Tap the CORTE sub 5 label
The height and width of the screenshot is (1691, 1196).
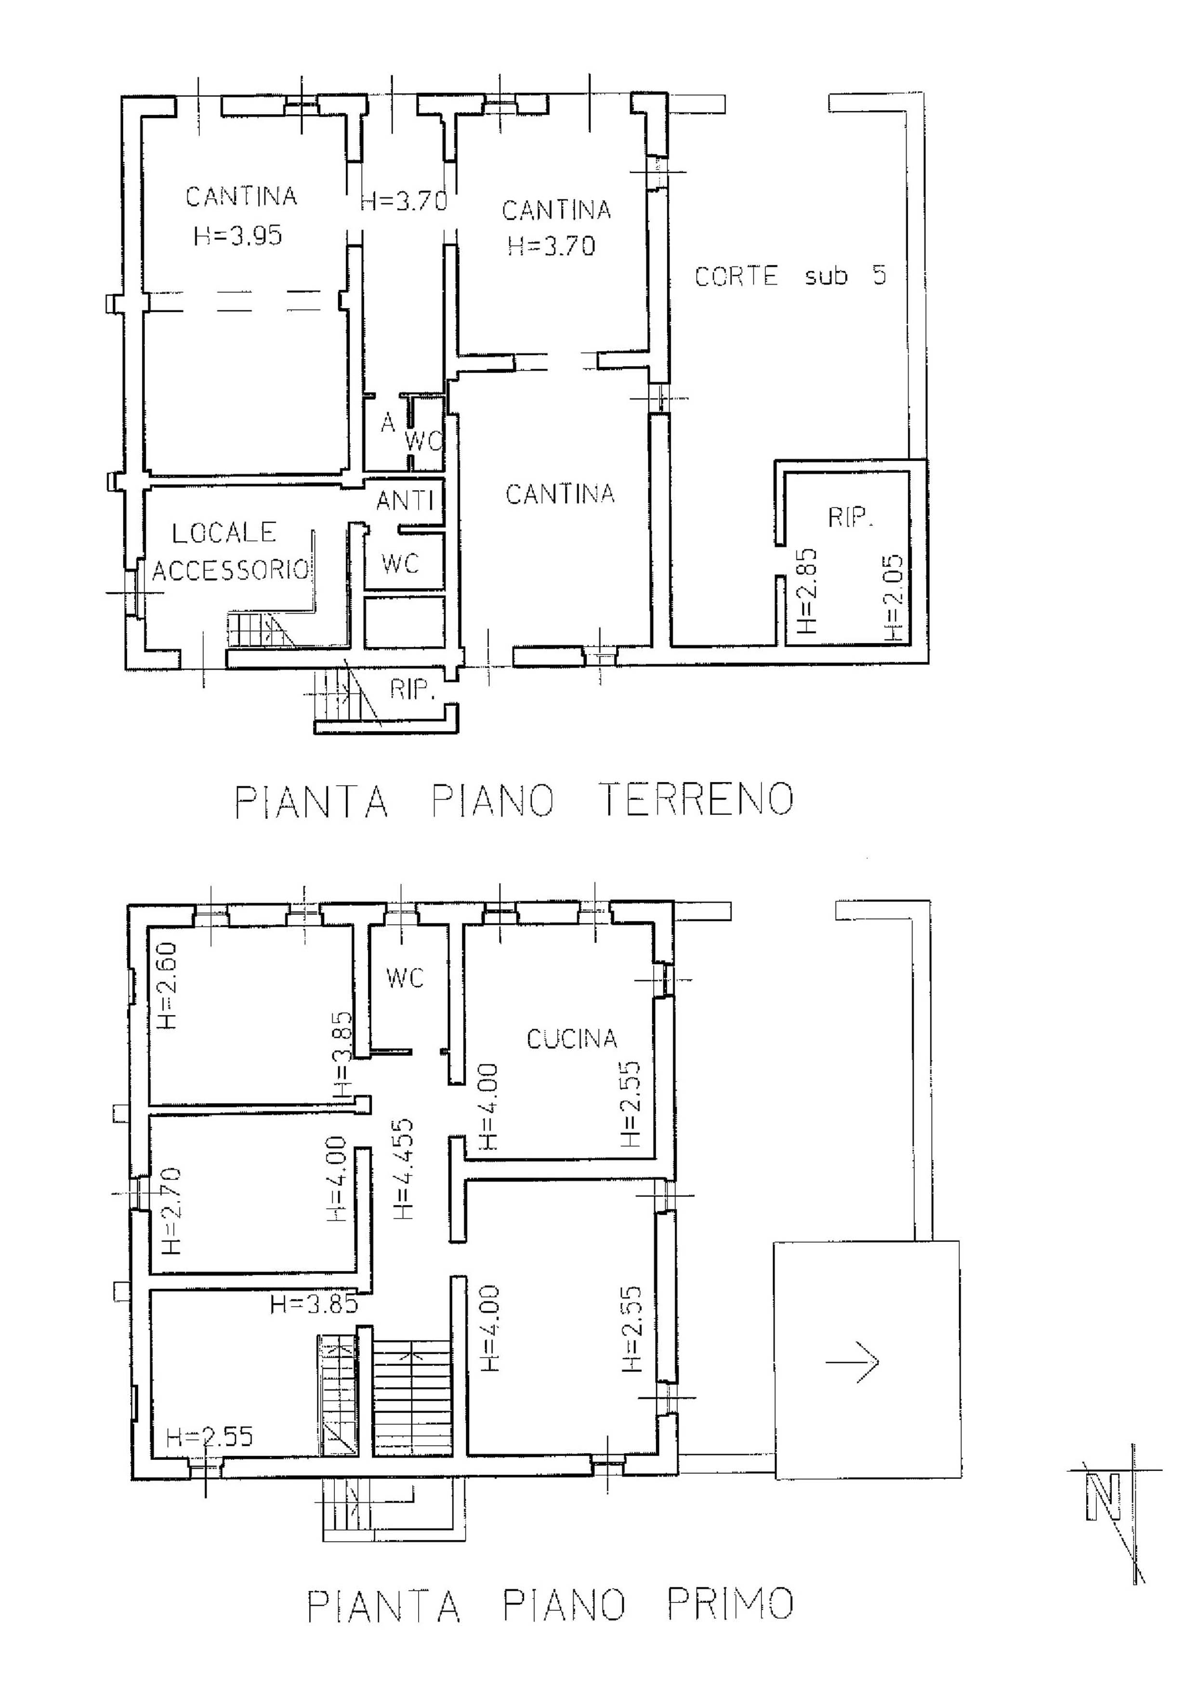(791, 276)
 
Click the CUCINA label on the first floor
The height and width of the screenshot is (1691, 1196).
(571, 1039)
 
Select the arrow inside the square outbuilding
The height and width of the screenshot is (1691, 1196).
(852, 1362)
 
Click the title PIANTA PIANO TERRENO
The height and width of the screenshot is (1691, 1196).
(514, 800)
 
